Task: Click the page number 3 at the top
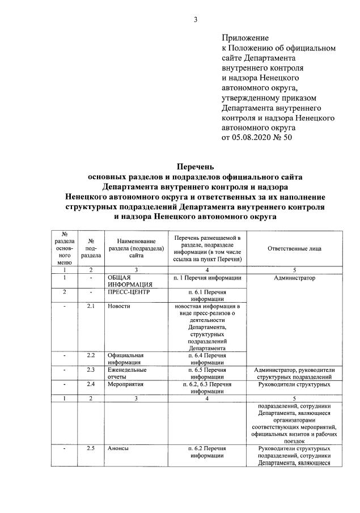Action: (x=196, y=21)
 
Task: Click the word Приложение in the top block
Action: (x=244, y=37)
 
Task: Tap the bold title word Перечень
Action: (x=196, y=167)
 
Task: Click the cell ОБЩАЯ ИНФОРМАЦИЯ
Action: (x=130, y=281)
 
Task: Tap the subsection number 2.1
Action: (x=90, y=306)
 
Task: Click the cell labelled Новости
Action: (x=119, y=306)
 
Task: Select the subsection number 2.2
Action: (x=90, y=355)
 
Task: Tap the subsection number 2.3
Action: (x=90, y=370)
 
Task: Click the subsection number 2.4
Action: (x=90, y=384)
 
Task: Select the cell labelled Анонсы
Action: (x=118, y=448)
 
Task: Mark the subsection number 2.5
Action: (x=90, y=448)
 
